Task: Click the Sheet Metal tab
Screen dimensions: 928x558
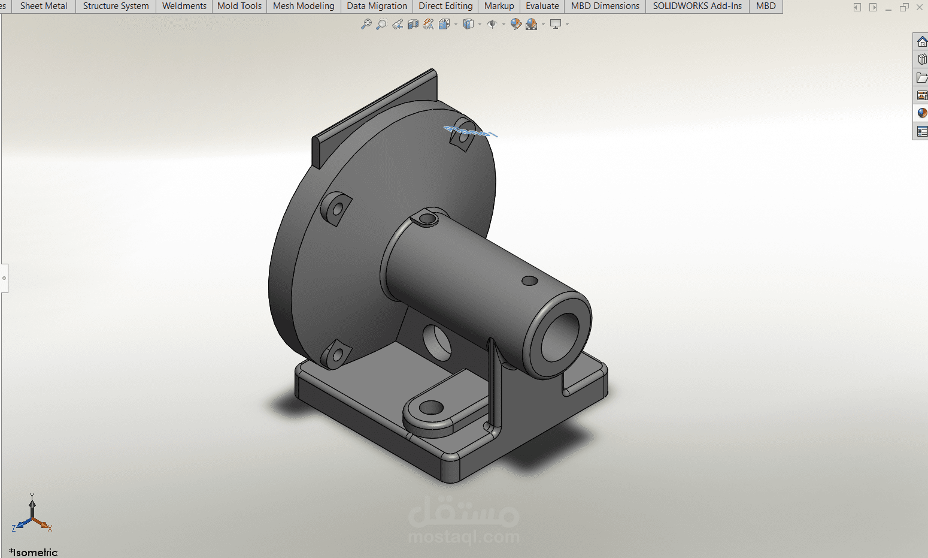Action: pyautogui.click(x=44, y=6)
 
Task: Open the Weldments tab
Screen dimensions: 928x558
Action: pyautogui.click(x=184, y=6)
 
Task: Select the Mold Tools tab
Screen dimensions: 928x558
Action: pyautogui.click(x=239, y=6)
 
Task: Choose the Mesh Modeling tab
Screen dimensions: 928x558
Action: pyautogui.click(x=304, y=6)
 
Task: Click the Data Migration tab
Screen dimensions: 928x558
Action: pyautogui.click(x=377, y=6)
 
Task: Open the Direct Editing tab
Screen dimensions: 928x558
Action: pyautogui.click(x=445, y=6)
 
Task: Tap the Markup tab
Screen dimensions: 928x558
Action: pyautogui.click(x=499, y=6)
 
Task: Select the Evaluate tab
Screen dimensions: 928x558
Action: pyautogui.click(x=542, y=6)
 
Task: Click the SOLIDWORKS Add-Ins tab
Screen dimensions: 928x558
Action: pyautogui.click(x=697, y=6)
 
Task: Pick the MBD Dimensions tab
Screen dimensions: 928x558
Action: pyautogui.click(x=605, y=6)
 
